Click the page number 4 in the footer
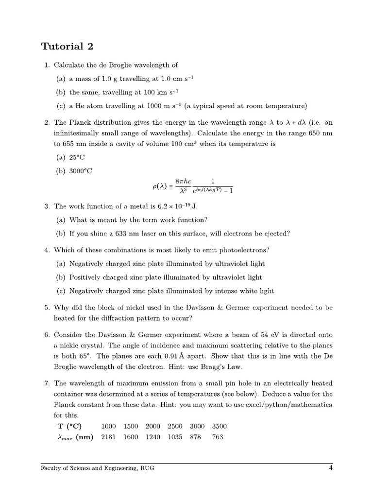[x=330, y=468]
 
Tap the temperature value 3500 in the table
[x=220, y=426]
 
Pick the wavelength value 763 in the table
[x=218, y=437]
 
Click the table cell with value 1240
[x=153, y=437]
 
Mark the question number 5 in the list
[x=47, y=308]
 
